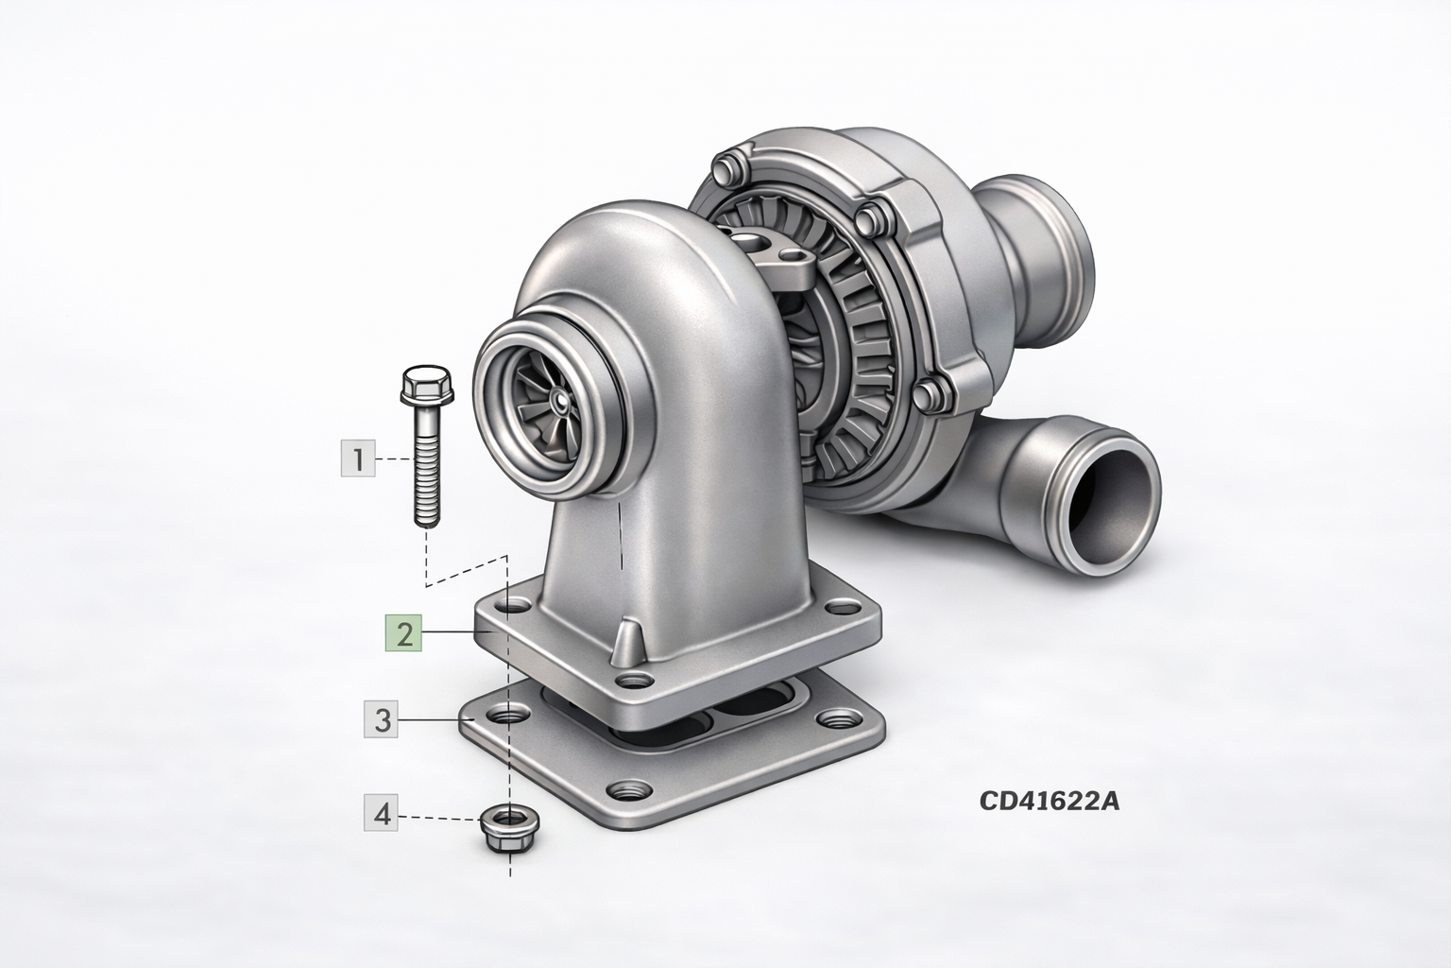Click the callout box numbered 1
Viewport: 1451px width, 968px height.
(x=358, y=458)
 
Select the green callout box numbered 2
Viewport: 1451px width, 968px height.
(x=403, y=632)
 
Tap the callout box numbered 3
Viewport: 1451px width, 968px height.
(x=381, y=719)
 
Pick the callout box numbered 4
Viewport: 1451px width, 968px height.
(x=381, y=813)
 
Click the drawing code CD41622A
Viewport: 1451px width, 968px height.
(x=1049, y=802)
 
